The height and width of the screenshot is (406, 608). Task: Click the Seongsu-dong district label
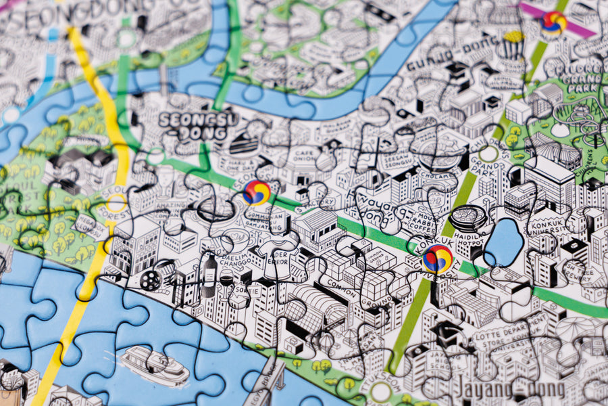[191, 125]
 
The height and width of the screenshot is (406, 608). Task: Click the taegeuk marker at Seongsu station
[257, 193]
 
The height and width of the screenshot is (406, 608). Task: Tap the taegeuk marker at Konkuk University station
[437, 258]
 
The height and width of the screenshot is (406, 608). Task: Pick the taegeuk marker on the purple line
[553, 22]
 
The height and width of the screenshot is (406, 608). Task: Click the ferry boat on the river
[153, 365]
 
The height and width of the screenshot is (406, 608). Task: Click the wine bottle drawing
[209, 274]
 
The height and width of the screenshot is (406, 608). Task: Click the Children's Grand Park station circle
[488, 154]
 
